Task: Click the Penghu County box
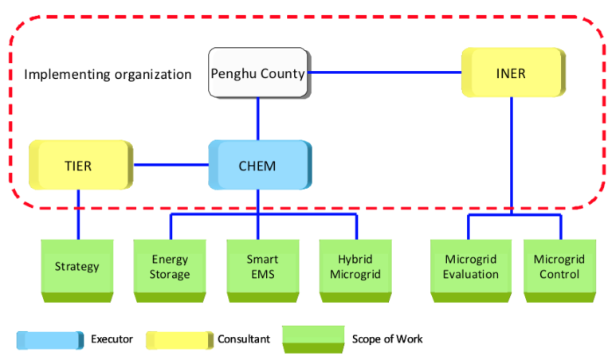pos(257,73)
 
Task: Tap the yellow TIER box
pos(78,166)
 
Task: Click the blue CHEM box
pos(257,166)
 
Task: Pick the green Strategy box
pos(77,266)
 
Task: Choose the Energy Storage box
pos(171,266)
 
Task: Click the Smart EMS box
pos(263,266)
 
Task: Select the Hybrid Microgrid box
pos(356,266)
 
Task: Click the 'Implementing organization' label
pos(108,74)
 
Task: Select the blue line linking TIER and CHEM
pos(171,166)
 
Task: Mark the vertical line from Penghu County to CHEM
pos(257,119)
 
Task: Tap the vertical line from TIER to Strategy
pos(78,213)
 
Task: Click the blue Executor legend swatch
pos(49,339)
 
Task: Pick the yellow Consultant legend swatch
pos(179,339)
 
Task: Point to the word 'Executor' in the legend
pos(112,338)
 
